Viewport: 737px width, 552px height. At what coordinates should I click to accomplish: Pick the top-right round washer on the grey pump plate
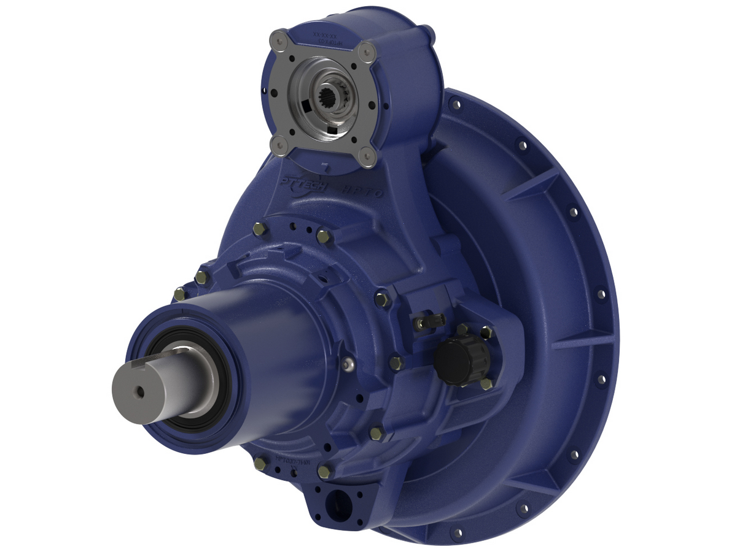click(x=367, y=52)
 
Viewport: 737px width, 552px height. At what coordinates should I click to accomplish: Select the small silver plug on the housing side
click(x=349, y=366)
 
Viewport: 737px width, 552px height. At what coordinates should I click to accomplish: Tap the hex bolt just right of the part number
click(x=326, y=471)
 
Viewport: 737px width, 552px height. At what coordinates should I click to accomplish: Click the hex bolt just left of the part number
click(x=260, y=464)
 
